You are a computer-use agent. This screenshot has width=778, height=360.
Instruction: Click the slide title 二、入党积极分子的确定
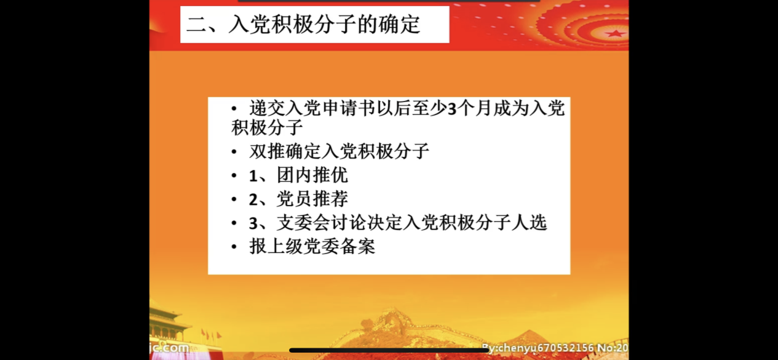coord(303,25)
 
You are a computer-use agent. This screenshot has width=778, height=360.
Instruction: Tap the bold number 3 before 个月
coord(451,109)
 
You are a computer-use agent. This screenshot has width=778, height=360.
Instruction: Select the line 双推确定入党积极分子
coord(339,151)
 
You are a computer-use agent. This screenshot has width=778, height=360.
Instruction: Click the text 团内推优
coord(312,175)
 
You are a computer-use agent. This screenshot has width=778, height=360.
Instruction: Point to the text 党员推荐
coord(312,199)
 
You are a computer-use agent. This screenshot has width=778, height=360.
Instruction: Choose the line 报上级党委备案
coord(312,246)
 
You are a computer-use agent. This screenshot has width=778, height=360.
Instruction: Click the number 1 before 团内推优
coord(253,176)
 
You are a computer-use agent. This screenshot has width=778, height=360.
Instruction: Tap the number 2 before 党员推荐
coord(253,200)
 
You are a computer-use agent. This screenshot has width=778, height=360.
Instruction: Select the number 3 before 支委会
coord(253,223)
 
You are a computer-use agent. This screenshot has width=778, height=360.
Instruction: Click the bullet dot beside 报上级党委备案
coord(234,247)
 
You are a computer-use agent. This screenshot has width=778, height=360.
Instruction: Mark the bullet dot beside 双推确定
coord(234,152)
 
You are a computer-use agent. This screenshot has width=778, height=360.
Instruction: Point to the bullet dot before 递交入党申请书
coord(234,109)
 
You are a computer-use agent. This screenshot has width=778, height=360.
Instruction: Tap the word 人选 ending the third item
coord(530,222)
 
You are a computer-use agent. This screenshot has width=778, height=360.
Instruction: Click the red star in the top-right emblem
coord(615,33)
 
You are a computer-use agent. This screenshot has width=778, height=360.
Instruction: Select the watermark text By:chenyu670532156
coord(538,347)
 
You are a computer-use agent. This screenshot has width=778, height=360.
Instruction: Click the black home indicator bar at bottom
coord(389,350)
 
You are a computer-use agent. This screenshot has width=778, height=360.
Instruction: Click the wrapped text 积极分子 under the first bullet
coord(267,127)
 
